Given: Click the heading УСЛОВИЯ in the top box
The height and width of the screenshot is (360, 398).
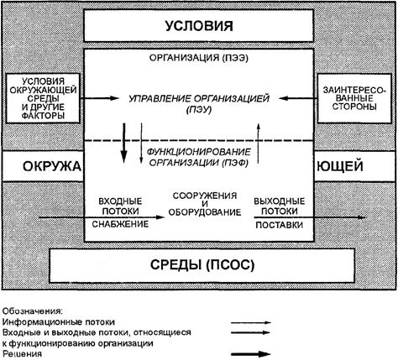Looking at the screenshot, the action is pyautogui.click(x=199, y=26).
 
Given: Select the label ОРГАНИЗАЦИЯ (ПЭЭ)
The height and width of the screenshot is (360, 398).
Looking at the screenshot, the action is pyautogui.click(x=199, y=58).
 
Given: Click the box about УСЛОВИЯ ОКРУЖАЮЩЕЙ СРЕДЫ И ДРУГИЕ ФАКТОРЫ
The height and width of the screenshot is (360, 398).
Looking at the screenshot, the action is pyautogui.click(x=43, y=98).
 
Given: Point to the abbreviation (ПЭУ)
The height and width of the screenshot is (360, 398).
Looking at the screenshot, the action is pyautogui.click(x=199, y=110).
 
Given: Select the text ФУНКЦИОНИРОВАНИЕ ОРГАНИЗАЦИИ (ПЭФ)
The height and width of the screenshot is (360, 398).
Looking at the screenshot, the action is pyautogui.click(x=199, y=157).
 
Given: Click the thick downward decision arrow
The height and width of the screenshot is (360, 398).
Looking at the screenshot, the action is pyautogui.click(x=124, y=143).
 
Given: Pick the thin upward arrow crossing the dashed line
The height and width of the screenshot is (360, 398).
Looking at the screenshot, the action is pyautogui.click(x=259, y=143).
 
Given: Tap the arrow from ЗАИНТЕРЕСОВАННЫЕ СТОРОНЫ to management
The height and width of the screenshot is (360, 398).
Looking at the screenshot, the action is pyautogui.click(x=298, y=98).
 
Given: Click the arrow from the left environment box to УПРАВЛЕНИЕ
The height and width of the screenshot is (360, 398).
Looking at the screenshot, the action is pyautogui.click(x=99, y=98).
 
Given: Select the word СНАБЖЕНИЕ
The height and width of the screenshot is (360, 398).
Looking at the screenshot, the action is pyautogui.click(x=120, y=224).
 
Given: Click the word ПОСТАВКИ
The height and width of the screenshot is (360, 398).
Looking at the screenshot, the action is pyautogui.click(x=280, y=225).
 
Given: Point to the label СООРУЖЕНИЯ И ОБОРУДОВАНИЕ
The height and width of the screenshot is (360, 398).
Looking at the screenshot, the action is pyautogui.click(x=205, y=204).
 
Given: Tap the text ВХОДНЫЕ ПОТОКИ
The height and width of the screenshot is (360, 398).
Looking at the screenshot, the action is pyautogui.click(x=120, y=206).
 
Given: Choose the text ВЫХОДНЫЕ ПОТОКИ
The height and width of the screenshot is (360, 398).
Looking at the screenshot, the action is pyautogui.click(x=280, y=206).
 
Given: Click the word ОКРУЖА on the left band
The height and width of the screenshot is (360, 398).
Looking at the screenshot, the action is pyautogui.click(x=52, y=167).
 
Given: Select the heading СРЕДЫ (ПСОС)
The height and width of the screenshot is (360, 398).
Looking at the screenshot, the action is pyautogui.click(x=202, y=264).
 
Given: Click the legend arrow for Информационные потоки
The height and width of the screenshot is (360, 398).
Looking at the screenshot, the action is pyautogui.click(x=251, y=322).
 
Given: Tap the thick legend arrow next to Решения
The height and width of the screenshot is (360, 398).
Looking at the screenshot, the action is pyautogui.click(x=251, y=354).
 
